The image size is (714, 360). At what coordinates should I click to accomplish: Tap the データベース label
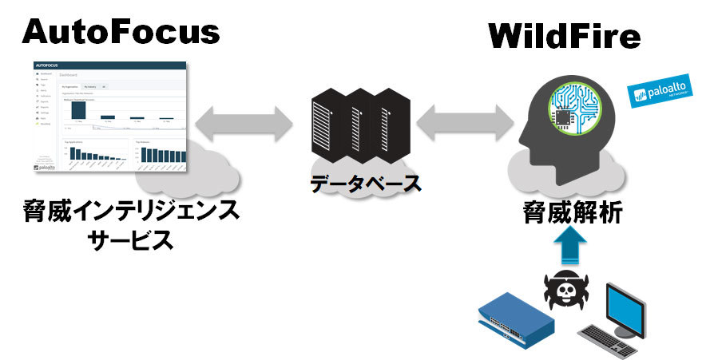click(365, 184)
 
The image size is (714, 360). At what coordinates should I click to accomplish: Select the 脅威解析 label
click(572, 212)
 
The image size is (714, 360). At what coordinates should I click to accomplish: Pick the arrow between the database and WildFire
click(464, 121)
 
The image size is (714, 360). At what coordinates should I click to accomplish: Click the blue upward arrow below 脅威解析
click(572, 248)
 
